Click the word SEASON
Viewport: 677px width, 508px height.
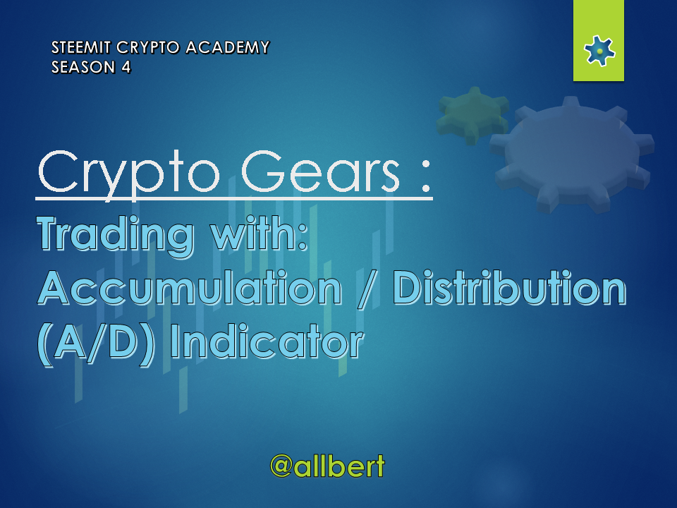[x=84, y=68]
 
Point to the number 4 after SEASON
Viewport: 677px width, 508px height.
[x=126, y=68]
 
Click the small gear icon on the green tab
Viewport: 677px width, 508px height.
[x=599, y=51]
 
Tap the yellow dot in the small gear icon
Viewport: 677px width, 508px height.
[x=599, y=52]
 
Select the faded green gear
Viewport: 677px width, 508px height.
[x=472, y=115]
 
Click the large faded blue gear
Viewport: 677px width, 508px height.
[x=573, y=155]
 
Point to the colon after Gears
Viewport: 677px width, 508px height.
[x=426, y=176]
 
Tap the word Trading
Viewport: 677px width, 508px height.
[x=116, y=236]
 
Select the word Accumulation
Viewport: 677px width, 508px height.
[x=190, y=288]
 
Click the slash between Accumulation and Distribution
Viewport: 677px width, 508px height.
[x=367, y=289]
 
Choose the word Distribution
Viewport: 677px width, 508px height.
[x=509, y=287]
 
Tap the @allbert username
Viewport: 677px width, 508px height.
[x=327, y=466]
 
